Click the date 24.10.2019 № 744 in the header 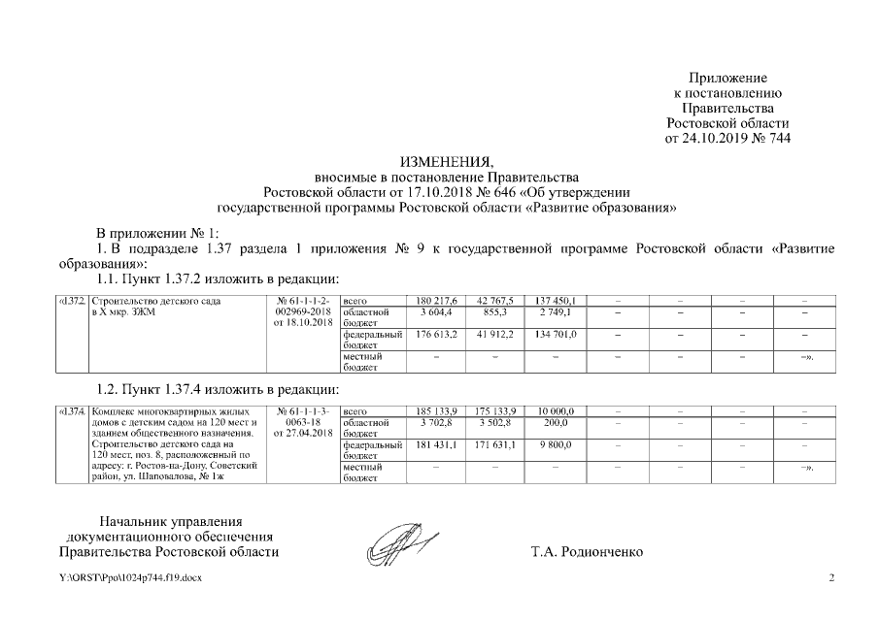(x=727, y=139)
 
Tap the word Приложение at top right (x=727, y=77)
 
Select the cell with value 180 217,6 (x=435, y=301)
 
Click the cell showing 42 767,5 (x=495, y=301)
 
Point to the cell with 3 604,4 (x=435, y=312)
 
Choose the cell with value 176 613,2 (x=435, y=335)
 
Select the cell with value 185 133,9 (x=435, y=411)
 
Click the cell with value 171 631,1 (x=495, y=445)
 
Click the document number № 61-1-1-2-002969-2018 (x=304, y=307)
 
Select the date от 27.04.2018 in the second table (x=304, y=434)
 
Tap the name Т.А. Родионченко (x=587, y=552)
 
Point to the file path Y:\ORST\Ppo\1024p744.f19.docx (x=130, y=578)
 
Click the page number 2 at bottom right (x=830, y=578)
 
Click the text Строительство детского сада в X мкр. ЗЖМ (x=155, y=307)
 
